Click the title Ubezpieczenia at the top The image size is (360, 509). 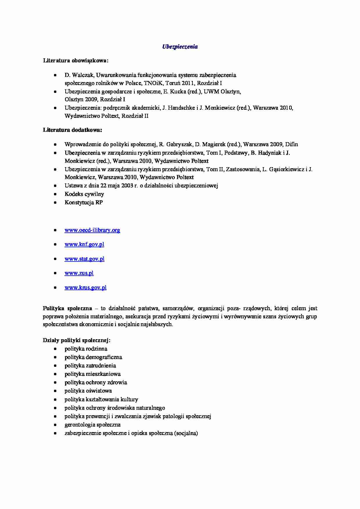tap(180, 47)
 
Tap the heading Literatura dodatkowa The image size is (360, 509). tap(73, 130)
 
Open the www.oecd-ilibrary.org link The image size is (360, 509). tap(92, 230)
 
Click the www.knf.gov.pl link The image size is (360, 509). tap(84, 244)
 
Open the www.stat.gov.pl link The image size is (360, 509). tap(84, 259)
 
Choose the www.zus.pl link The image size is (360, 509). tap(79, 273)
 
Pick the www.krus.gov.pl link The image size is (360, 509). tap(85, 288)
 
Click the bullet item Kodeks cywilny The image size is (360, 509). tap(84, 194)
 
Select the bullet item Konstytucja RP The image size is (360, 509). tap(84, 202)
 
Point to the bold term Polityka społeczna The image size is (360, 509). tap(67, 308)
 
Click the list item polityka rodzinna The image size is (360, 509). tap(86, 349)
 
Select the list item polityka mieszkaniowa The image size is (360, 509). tap(93, 374)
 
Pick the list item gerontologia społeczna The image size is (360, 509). tap(93, 425)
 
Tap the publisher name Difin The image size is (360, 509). tap(291, 144)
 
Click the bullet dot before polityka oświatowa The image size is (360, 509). tap(55, 391)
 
